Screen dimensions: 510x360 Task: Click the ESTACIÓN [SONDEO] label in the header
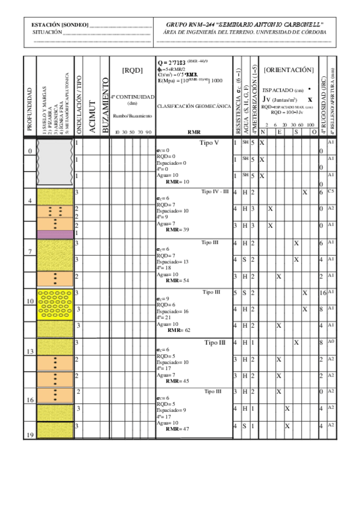coord(59,25)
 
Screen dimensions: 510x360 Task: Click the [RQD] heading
coord(132,70)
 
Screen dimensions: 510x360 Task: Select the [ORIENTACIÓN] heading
coord(288,70)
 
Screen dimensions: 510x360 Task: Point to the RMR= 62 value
coord(179,330)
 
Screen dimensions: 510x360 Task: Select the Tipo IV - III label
coord(215,192)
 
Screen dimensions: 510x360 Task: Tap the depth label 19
coord(29,434)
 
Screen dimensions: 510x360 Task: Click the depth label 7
coord(31,251)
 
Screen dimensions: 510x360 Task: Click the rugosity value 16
coord(323,293)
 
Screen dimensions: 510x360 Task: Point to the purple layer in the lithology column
coord(55,233)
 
